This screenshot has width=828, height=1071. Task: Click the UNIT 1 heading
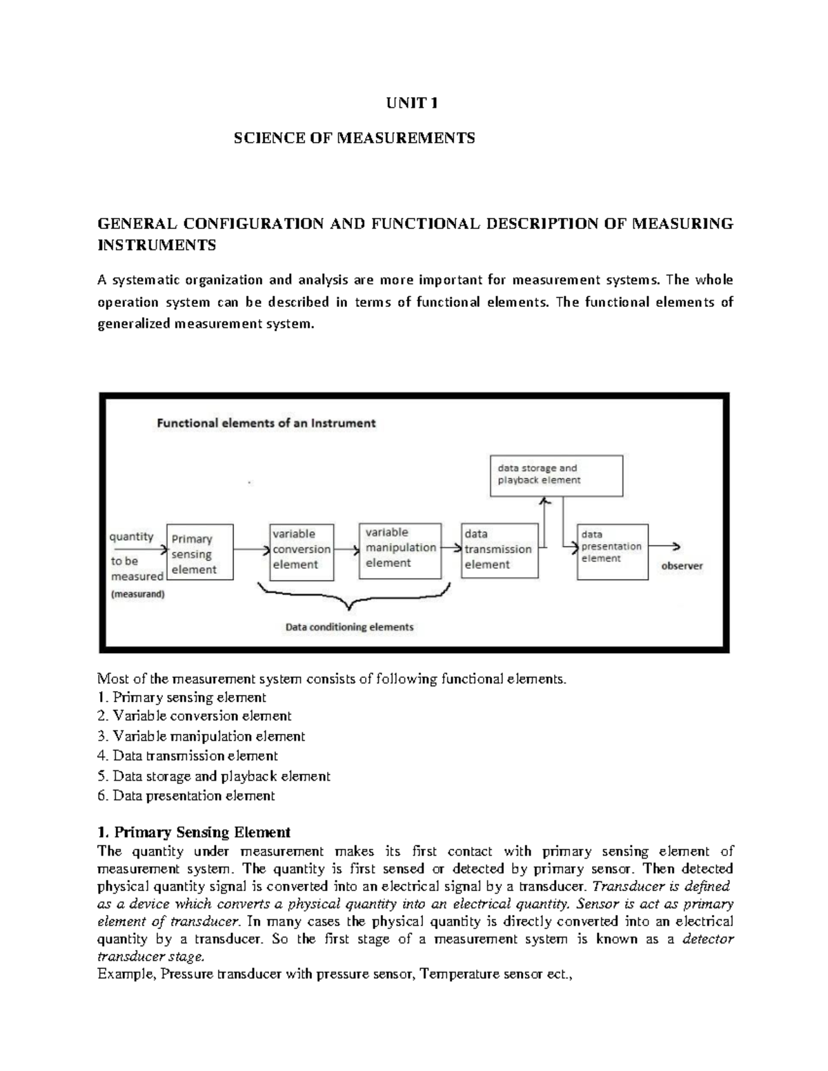click(412, 103)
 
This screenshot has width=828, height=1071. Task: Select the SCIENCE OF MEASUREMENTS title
click(354, 138)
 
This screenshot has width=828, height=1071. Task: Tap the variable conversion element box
click(302, 552)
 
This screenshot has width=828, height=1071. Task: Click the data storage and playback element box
click(555, 475)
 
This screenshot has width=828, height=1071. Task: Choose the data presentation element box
click(612, 550)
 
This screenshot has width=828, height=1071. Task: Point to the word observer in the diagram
click(682, 565)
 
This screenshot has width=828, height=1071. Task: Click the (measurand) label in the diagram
click(138, 594)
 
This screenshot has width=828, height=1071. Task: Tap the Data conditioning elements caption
click(349, 627)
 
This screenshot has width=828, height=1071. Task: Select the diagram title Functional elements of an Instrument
click(266, 423)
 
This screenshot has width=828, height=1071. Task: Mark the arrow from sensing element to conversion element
click(251, 550)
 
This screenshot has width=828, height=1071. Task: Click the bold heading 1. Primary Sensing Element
click(194, 832)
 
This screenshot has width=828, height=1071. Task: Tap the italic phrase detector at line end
click(708, 939)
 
